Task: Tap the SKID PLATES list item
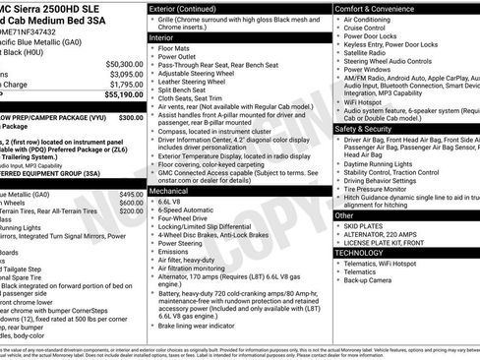click(370, 225)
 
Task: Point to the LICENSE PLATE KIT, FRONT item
click(390, 243)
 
